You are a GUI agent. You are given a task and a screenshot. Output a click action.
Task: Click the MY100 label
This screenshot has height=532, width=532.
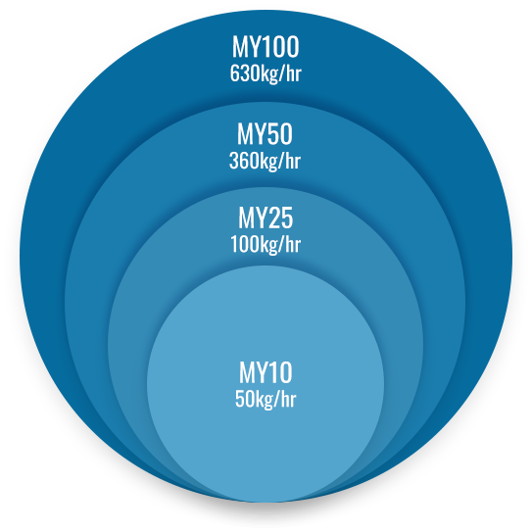pyautogui.click(x=266, y=46)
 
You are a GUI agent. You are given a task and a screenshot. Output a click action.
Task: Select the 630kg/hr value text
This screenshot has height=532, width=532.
pyautogui.click(x=266, y=73)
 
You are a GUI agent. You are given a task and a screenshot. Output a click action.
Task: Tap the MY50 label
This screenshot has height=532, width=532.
pyautogui.click(x=265, y=134)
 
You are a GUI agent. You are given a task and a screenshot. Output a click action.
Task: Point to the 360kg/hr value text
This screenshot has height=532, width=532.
pyautogui.click(x=265, y=161)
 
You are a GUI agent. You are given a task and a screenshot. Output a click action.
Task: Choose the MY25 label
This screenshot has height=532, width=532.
pyautogui.click(x=266, y=218)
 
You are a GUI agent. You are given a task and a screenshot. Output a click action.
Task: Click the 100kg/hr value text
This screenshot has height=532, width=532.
pyautogui.click(x=266, y=244)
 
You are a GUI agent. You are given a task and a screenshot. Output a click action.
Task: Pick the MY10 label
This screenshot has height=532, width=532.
pyautogui.click(x=266, y=372)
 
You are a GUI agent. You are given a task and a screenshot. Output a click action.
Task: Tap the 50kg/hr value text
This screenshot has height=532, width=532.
pyautogui.click(x=266, y=399)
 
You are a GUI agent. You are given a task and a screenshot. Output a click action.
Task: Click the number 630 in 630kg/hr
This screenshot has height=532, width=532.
pyautogui.click(x=241, y=73)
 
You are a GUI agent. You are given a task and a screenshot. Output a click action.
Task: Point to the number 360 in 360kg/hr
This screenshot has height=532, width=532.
pyautogui.click(x=240, y=161)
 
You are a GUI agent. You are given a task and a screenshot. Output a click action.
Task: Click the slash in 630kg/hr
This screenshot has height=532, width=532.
pyautogui.click(x=282, y=73)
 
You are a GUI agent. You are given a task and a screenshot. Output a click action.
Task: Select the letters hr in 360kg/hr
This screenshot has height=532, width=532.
pyautogui.click(x=294, y=160)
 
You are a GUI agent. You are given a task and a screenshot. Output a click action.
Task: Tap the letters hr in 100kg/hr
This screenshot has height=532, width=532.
pyautogui.click(x=294, y=244)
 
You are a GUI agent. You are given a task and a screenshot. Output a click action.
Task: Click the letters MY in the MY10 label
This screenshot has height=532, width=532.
pyautogui.click(x=254, y=372)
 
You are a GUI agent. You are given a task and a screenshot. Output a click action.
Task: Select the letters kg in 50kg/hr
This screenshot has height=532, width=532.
pyautogui.click(x=265, y=400)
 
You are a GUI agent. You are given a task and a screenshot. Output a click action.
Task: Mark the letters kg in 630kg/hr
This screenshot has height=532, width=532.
pyautogui.click(x=266, y=74)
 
